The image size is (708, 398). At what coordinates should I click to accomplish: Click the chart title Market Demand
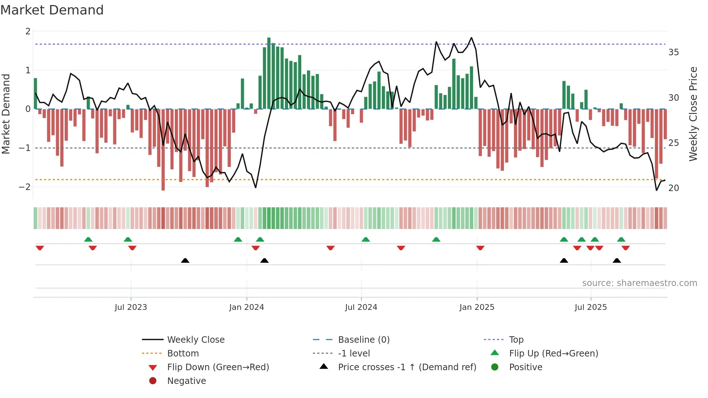(52, 10)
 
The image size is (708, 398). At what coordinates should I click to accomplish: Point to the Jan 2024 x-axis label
(246, 307)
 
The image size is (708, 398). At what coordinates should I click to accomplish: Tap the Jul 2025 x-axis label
(591, 307)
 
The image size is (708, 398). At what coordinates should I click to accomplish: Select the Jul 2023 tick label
(131, 307)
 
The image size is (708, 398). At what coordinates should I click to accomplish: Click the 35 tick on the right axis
(673, 52)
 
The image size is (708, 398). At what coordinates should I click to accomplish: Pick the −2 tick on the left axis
(25, 187)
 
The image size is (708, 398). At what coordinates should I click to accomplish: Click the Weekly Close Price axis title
(693, 114)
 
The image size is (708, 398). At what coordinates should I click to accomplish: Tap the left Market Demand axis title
(6, 114)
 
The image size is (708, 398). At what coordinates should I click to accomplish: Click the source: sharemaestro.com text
(639, 283)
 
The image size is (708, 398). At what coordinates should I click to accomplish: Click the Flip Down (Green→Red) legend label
(218, 367)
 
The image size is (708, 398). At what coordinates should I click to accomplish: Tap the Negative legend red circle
(153, 381)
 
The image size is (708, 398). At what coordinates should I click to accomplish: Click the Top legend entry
(516, 339)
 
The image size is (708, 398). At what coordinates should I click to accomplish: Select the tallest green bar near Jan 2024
(269, 72)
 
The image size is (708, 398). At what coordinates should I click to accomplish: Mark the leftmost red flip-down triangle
(40, 248)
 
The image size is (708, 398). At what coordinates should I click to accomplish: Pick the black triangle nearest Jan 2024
(264, 260)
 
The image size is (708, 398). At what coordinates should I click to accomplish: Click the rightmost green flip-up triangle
(621, 239)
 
